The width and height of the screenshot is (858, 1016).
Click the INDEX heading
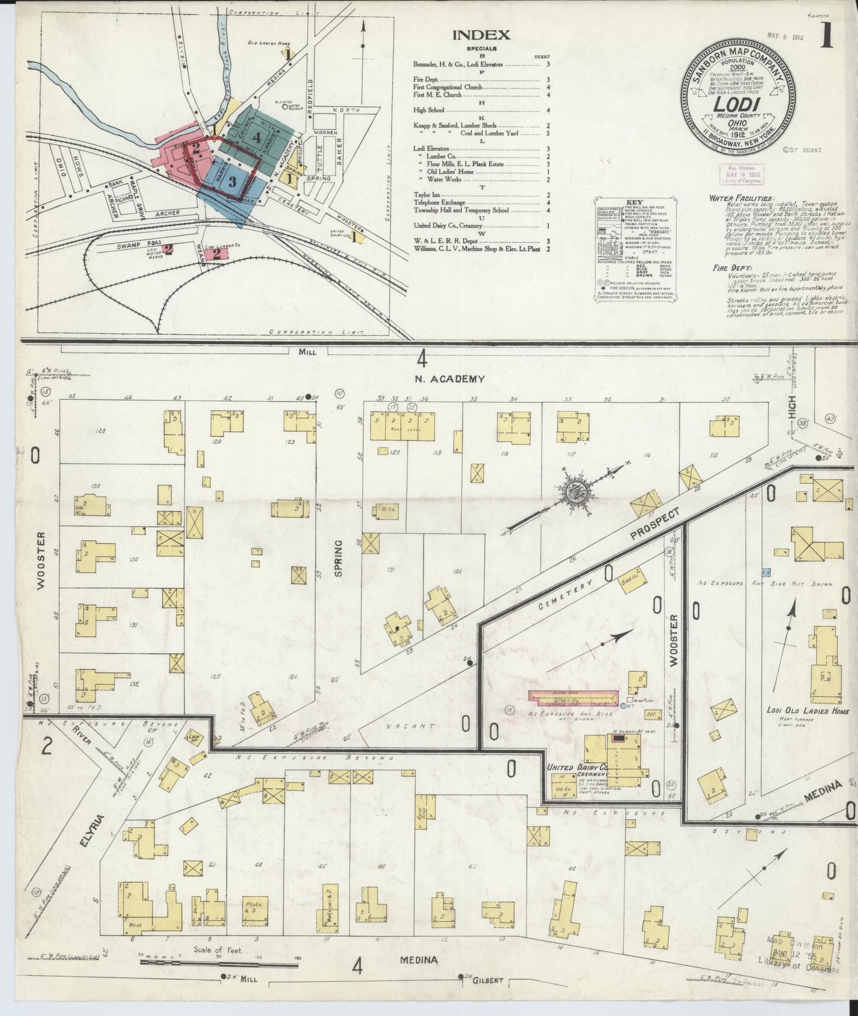click(x=481, y=35)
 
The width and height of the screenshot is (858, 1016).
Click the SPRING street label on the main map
click(x=339, y=558)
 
